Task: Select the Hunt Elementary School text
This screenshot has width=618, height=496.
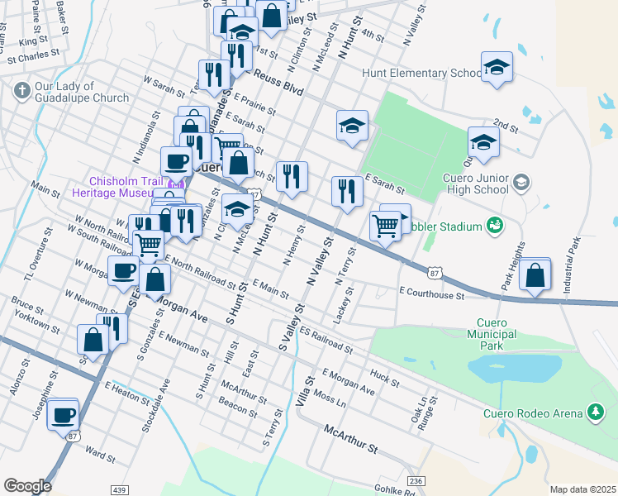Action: click(421, 74)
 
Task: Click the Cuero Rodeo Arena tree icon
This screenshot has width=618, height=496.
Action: click(594, 412)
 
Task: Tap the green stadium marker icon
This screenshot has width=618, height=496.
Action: click(495, 225)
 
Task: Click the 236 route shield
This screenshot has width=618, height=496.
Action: click(416, 481)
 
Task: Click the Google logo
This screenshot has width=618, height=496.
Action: click(27, 486)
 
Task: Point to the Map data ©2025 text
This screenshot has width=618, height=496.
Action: click(582, 489)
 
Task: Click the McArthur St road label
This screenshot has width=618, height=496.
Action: click(350, 440)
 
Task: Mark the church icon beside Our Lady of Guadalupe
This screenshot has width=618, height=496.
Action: click(22, 88)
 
